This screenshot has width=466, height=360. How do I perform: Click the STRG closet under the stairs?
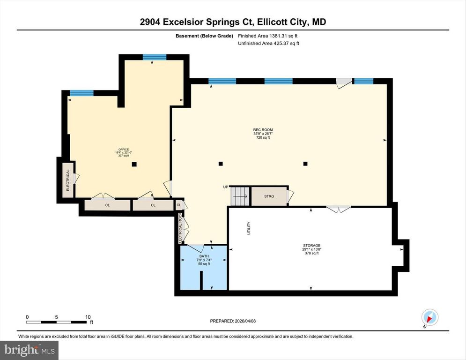pyautogui.click(x=269, y=196)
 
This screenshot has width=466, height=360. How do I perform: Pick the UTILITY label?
pyautogui.click(x=249, y=228)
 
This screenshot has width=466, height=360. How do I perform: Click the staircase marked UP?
pyautogui.click(x=240, y=195)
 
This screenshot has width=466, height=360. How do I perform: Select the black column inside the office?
pyautogui.click(x=134, y=164)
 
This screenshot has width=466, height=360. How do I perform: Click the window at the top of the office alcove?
pyautogui.click(x=155, y=58)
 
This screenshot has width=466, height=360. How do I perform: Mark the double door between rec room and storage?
pyautogui.click(x=338, y=209)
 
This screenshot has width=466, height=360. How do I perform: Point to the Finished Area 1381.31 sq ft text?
pyautogui.click(x=268, y=36)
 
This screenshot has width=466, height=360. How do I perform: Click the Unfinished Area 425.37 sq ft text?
pyautogui.click(x=268, y=44)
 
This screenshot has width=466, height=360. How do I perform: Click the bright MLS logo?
pyautogui.click(x=29, y=350)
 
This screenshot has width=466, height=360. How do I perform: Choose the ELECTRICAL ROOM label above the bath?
pyautogui.click(x=180, y=228)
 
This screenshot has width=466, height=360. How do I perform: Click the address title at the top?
pyautogui.click(x=233, y=22)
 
